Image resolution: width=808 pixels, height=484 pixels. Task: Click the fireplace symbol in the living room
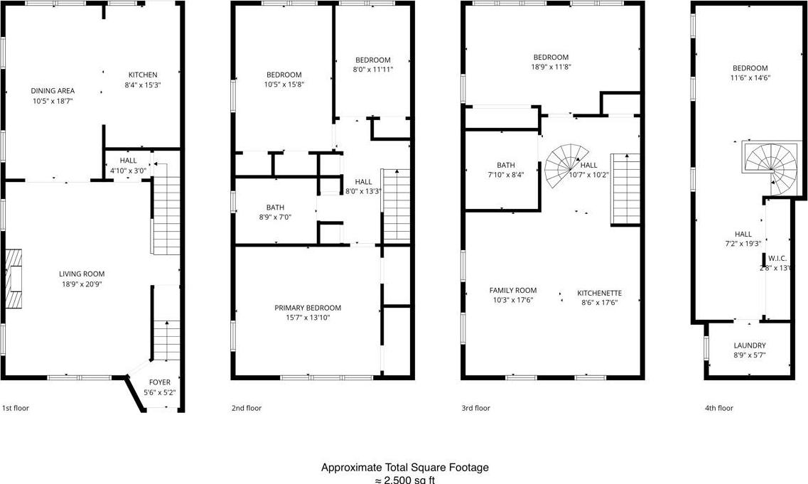(14, 278)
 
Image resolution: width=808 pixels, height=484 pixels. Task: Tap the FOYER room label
(159, 382)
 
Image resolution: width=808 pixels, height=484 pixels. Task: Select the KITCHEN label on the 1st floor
(142, 75)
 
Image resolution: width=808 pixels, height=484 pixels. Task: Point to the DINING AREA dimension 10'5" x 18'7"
(52, 102)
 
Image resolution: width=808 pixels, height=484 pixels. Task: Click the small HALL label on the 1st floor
(128, 161)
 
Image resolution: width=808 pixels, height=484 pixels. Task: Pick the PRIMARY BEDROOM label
(308, 308)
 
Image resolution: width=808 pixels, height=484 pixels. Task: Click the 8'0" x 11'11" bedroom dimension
(373, 70)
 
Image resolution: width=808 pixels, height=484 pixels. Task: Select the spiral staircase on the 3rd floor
(566, 165)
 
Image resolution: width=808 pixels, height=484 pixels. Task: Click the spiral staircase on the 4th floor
(771, 166)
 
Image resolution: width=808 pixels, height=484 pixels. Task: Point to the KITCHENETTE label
(599, 293)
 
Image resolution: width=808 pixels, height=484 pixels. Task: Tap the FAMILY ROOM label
(512, 290)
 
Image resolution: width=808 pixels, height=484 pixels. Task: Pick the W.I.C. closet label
(777, 258)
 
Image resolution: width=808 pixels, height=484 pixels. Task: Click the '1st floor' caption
(16, 408)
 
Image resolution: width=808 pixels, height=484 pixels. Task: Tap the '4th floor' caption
(718, 408)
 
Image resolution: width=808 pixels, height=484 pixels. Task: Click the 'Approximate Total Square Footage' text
(404, 468)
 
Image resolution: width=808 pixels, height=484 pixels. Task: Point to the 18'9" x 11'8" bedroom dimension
(551, 67)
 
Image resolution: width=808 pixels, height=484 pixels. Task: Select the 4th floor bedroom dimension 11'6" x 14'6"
(750, 78)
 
